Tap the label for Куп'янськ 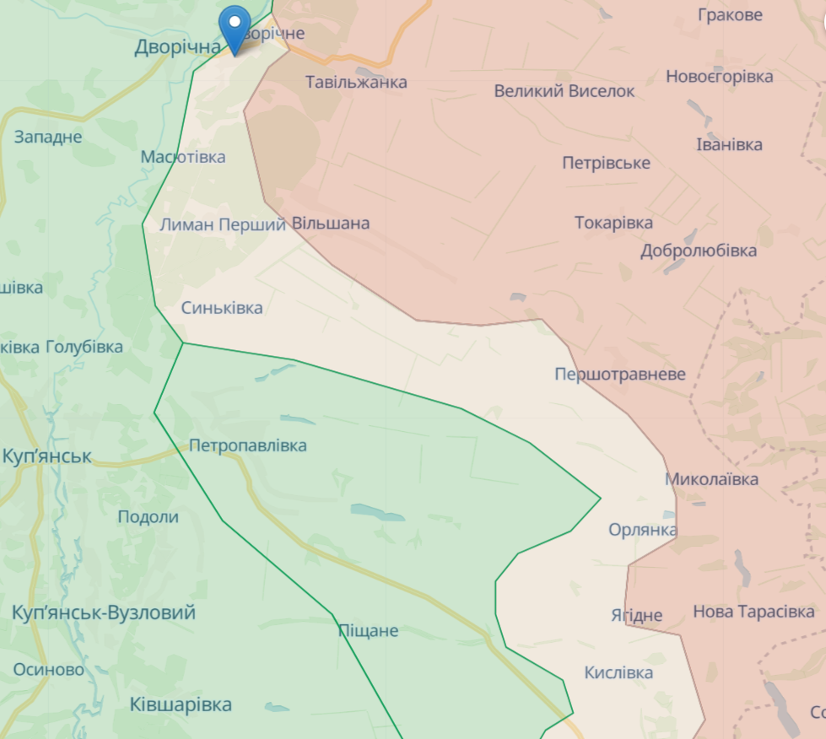tap(46, 457)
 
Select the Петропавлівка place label tap(248, 445)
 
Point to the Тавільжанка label tap(356, 82)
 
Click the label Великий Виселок tap(564, 91)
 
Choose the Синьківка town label tap(222, 308)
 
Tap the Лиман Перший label tap(222, 224)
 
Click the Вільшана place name tap(331, 224)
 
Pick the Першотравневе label tap(620, 374)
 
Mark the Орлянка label tap(642, 530)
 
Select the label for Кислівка tap(618, 672)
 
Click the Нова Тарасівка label tap(753, 612)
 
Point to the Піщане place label tap(368, 630)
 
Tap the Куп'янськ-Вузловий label tap(104, 612)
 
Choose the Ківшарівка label tap(181, 704)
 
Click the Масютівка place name tap(183, 157)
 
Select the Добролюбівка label tap(698, 251)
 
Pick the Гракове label tap(730, 14)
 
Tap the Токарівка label tap(613, 223)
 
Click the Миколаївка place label tap(711, 479)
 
